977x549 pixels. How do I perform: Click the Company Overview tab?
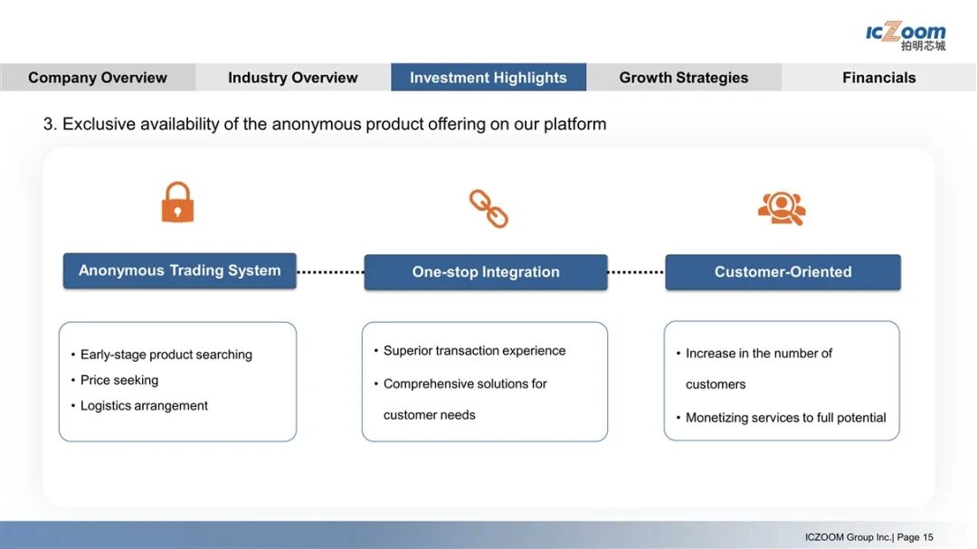[x=98, y=78]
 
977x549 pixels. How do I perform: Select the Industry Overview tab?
[x=293, y=78]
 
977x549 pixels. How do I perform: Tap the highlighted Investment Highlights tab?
[x=488, y=78]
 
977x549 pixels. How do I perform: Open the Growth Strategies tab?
[x=684, y=78]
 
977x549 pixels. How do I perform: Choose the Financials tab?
[x=878, y=78]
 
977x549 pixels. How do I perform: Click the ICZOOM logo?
[x=906, y=35]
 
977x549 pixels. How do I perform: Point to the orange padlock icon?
[x=177, y=203]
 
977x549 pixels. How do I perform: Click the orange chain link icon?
[x=488, y=208]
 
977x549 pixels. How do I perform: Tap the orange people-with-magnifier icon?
[x=782, y=208]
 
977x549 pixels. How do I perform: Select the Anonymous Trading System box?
[x=179, y=270]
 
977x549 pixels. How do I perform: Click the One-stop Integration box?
[x=486, y=272]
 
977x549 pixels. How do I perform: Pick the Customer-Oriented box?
[x=783, y=272]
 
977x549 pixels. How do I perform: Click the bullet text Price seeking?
[x=119, y=380]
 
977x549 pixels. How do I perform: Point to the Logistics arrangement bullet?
[x=144, y=405]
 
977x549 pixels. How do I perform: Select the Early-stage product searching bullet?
[x=166, y=355]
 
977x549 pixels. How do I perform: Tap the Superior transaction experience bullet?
[x=474, y=351]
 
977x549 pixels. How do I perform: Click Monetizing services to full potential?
[x=785, y=418]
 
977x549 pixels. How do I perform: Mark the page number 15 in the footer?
[x=928, y=537]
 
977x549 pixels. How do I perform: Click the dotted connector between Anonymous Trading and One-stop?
[x=330, y=271]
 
